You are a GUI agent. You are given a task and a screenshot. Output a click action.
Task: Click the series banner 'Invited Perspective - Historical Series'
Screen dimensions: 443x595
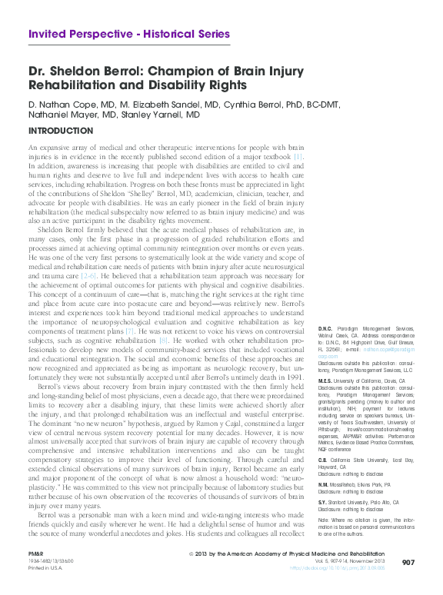point(128,35)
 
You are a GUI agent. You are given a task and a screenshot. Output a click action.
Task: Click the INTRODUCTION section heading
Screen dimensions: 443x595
point(60,131)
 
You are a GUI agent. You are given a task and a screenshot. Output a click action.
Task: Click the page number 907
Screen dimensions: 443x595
point(408,563)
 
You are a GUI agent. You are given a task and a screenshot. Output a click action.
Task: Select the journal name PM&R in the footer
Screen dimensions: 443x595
point(35,554)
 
